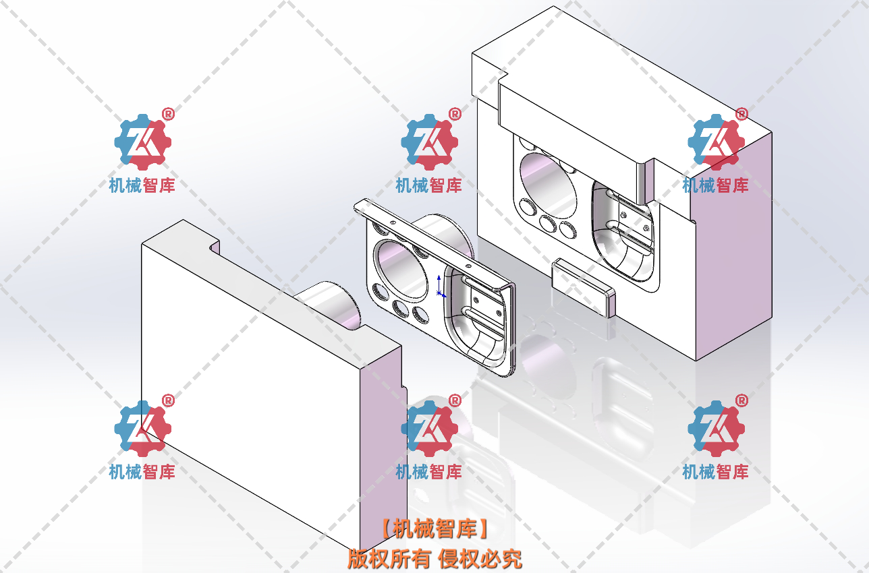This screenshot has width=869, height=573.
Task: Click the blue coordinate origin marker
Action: [440, 286]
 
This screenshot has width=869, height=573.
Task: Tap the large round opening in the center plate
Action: [403, 270]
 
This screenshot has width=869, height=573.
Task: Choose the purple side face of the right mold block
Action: [732, 256]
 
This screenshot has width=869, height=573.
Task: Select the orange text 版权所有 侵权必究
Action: [434, 559]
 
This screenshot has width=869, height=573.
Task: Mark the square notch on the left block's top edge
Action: [215, 247]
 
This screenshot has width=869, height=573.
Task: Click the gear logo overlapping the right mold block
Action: [715, 142]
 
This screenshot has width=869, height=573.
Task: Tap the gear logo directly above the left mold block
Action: [142, 142]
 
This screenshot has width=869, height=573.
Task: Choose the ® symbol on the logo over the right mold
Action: [741, 114]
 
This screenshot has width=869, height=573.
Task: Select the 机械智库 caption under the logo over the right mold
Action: [715, 185]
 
